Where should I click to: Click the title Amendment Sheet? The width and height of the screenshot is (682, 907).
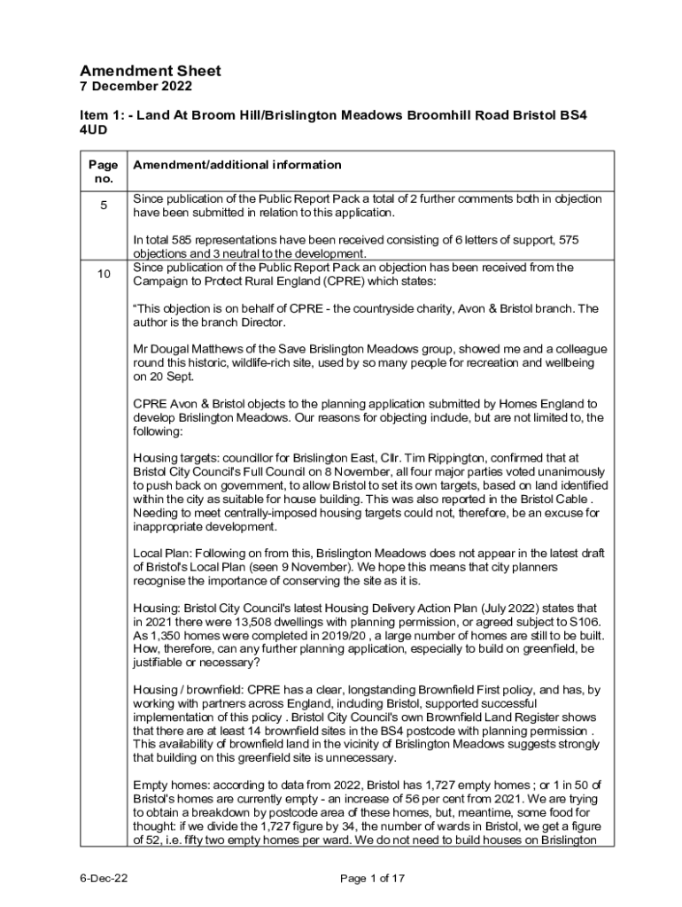pyautogui.click(x=151, y=71)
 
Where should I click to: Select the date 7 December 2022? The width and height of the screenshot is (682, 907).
pyautogui.click(x=136, y=87)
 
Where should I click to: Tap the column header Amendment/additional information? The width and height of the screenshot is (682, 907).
pyautogui.click(x=236, y=165)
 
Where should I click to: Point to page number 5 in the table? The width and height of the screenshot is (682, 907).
pyautogui.click(x=104, y=205)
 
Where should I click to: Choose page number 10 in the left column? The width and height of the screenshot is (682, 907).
pyautogui.click(x=104, y=275)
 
